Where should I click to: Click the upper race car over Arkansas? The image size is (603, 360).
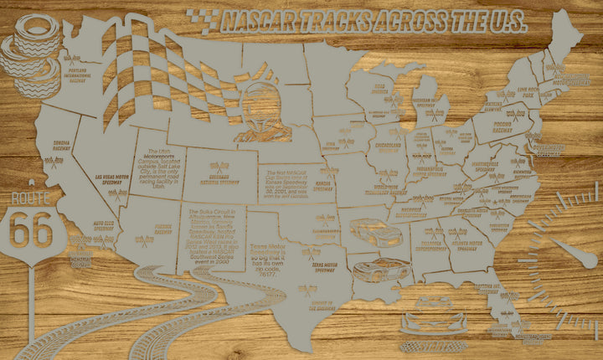(371, 230)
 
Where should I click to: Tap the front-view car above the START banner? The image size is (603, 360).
(433, 322)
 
